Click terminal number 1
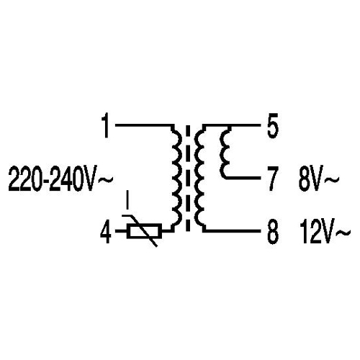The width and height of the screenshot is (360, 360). pyautogui.click(x=106, y=126)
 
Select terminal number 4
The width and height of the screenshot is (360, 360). pyautogui.click(x=106, y=232)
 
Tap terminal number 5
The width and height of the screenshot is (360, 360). pyautogui.click(x=273, y=126)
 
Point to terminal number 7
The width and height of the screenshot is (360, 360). pyautogui.click(x=273, y=179)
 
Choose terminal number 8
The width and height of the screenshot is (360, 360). pyautogui.click(x=273, y=232)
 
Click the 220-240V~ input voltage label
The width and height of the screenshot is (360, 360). pyautogui.click(x=60, y=179)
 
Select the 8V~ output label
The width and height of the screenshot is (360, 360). pyautogui.click(x=319, y=179)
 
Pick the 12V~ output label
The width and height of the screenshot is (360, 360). pyautogui.click(x=325, y=232)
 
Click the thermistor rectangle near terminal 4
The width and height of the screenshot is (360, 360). pyautogui.click(x=144, y=231)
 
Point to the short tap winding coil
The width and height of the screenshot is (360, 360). pyautogui.click(x=224, y=153)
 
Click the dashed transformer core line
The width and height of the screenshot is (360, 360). pyautogui.click(x=188, y=178)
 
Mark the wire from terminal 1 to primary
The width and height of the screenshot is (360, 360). pyautogui.click(x=144, y=125)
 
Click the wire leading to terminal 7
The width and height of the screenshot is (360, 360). pyautogui.click(x=243, y=178)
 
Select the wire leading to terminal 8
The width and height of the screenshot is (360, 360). pyautogui.click(x=233, y=231)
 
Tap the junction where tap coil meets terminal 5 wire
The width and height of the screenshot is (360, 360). pyautogui.click(x=230, y=126)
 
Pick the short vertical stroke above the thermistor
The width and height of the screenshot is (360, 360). pyautogui.click(x=128, y=199)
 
